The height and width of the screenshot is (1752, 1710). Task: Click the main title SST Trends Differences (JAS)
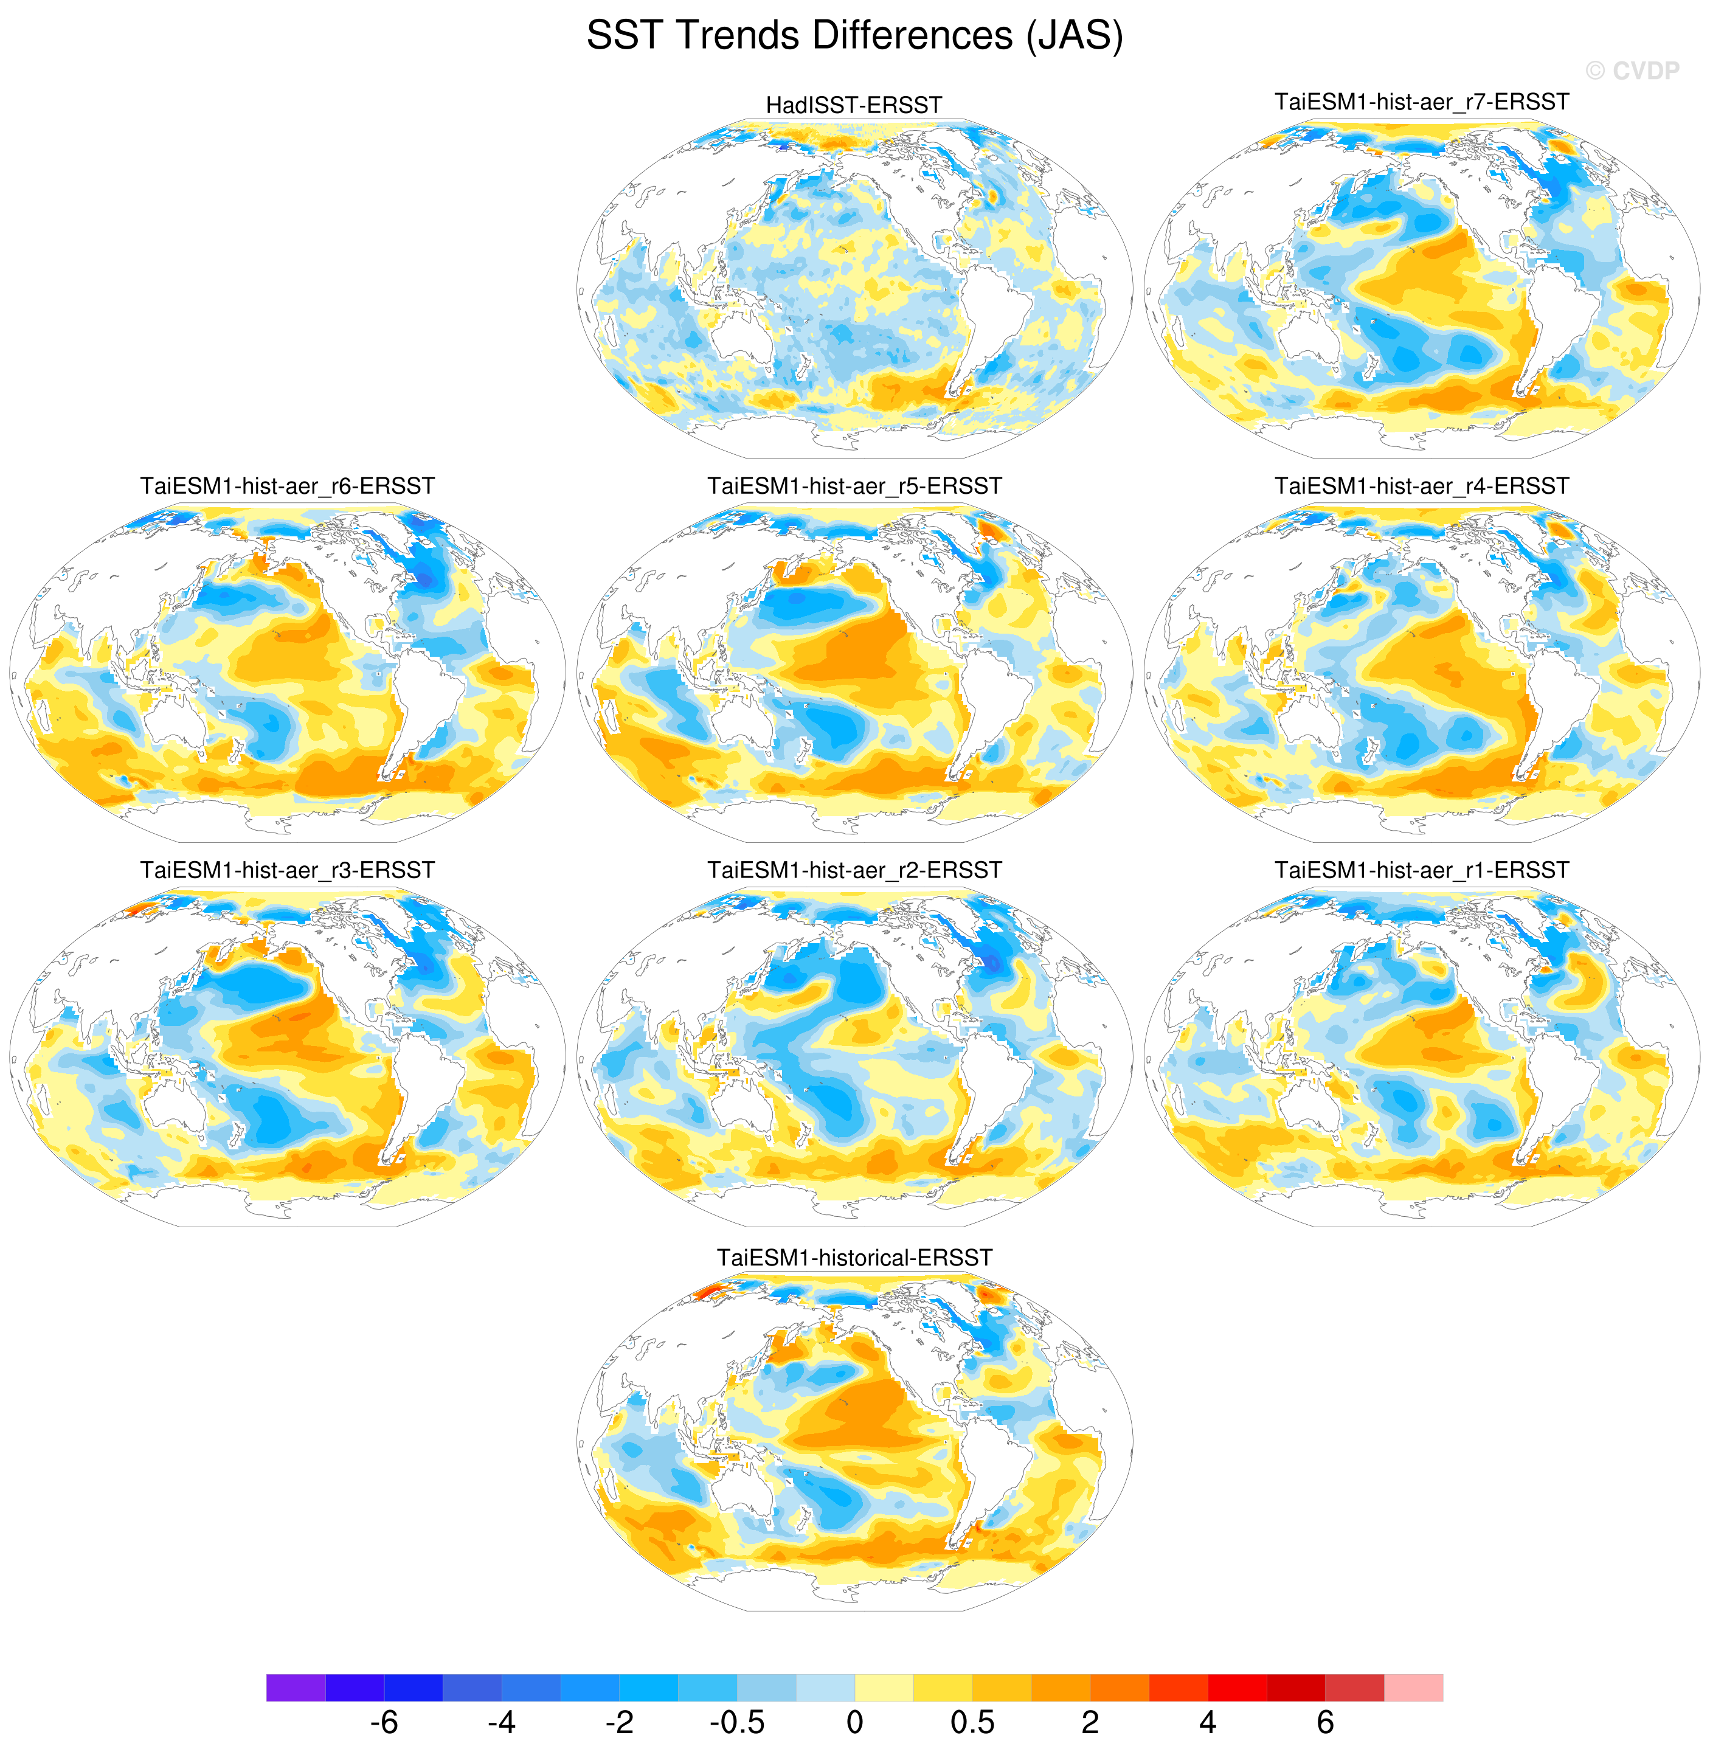(854, 36)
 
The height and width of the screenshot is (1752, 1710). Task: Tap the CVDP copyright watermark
(1632, 71)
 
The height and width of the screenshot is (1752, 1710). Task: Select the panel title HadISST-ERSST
(853, 105)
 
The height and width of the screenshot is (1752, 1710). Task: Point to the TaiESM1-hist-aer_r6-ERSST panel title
(288, 486)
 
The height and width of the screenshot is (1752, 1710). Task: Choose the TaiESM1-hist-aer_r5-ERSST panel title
(854, 486)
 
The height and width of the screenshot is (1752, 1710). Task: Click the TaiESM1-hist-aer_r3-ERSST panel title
(288, 870)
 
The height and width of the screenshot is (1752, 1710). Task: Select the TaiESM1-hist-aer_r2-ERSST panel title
(854, 870)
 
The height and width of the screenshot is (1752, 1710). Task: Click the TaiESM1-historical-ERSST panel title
(854, 1257)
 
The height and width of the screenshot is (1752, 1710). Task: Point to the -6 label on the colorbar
(384, 1722)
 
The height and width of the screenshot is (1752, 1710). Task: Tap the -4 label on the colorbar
(501, 1722)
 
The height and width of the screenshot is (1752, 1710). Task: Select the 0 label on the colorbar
(854, 1722)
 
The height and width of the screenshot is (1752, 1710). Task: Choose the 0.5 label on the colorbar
(972, 1722)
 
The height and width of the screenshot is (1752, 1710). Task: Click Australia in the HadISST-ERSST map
(742, 337)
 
